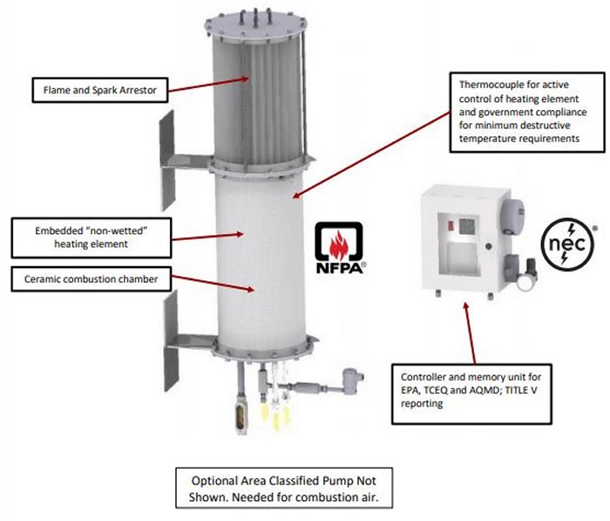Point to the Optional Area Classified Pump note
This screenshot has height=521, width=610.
[284, 489]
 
